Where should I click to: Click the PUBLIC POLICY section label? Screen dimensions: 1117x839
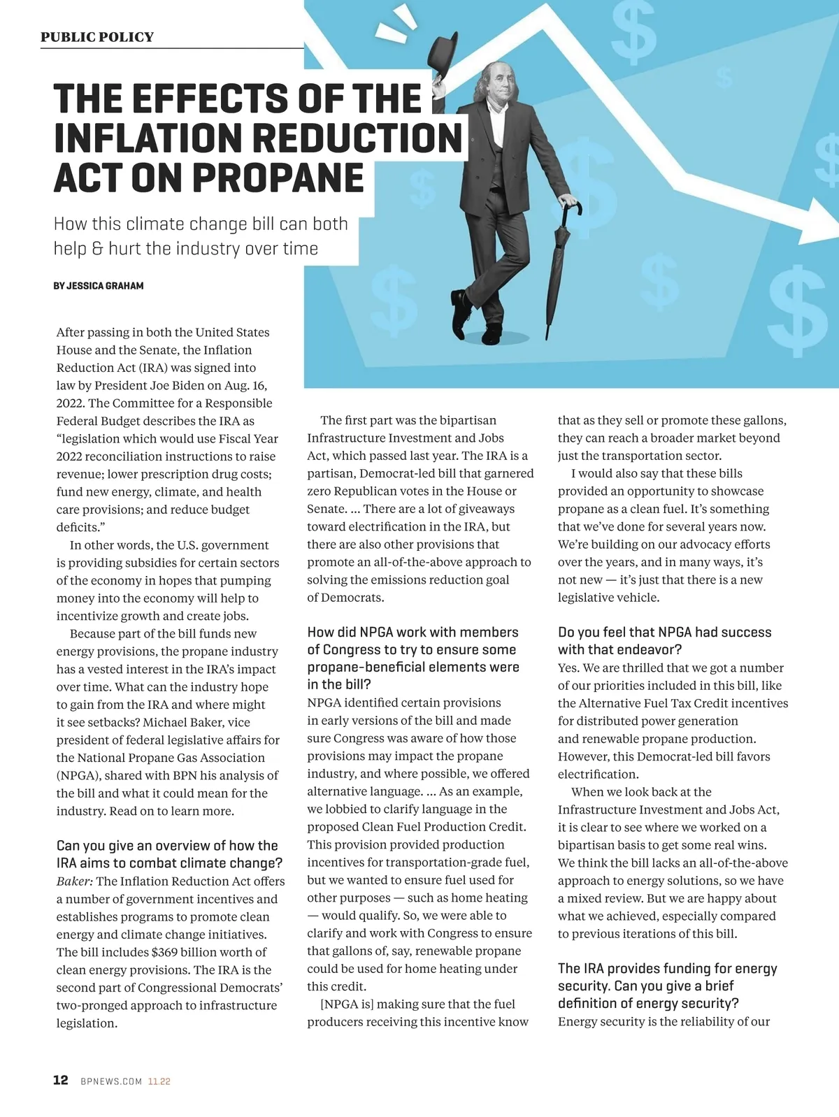[97, 37]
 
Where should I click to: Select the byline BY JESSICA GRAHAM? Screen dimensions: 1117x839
[99, 286]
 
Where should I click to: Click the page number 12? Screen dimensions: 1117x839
[61, 1080]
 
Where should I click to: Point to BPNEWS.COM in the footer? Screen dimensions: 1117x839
[111, 1081]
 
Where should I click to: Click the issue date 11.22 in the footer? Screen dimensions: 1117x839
[159, 1081]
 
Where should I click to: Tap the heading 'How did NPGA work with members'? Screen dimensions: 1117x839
[413, 632]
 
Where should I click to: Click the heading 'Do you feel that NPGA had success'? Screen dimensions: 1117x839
[664, 632]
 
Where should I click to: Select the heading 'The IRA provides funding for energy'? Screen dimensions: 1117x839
[667, 968]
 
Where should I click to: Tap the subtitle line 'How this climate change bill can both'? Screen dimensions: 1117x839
[201, 224]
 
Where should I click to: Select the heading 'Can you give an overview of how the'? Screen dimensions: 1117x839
[167, 846]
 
